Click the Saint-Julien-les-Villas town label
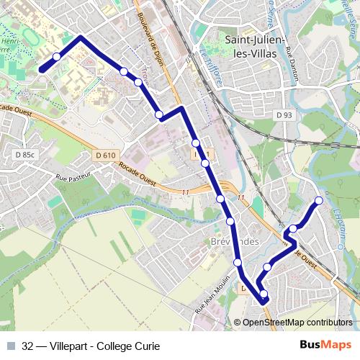(256, 47)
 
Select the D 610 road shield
(105, 155)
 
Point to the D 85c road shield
(24, 154)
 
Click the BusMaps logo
(326, 345)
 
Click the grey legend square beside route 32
(11, 346)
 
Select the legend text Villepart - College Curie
(105, 346)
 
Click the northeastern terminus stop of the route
(319, 200)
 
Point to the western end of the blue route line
(42, 69)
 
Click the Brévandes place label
(235, 241)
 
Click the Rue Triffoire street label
(213, 68)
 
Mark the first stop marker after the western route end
(57, 57)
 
